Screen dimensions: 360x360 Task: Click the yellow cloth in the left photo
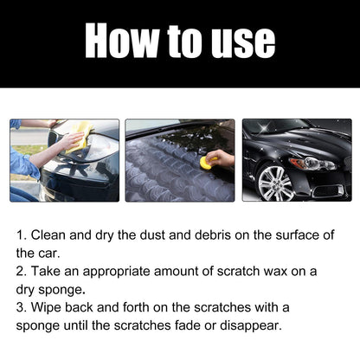[80, 132]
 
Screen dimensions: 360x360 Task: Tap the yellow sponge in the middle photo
[207, 162]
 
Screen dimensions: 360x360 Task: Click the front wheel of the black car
[275, 183]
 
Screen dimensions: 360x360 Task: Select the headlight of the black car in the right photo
[316, 164]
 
